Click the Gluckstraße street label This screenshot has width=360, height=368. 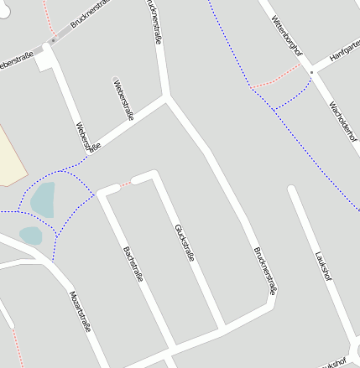pos(185,243)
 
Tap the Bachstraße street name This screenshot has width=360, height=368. pos(133,263)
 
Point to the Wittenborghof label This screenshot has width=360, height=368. pos(286,39)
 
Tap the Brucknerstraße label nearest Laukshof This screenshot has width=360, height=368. pos(264,271)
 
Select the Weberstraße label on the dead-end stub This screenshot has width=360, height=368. pos(123,100)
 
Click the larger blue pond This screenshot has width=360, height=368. pos(43,200)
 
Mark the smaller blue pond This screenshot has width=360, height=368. pos(30,236)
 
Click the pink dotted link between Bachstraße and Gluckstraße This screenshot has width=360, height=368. pos(126,183)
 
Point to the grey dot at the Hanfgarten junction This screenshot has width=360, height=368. pos(310,73)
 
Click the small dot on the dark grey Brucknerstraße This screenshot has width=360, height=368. pos(54,40)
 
